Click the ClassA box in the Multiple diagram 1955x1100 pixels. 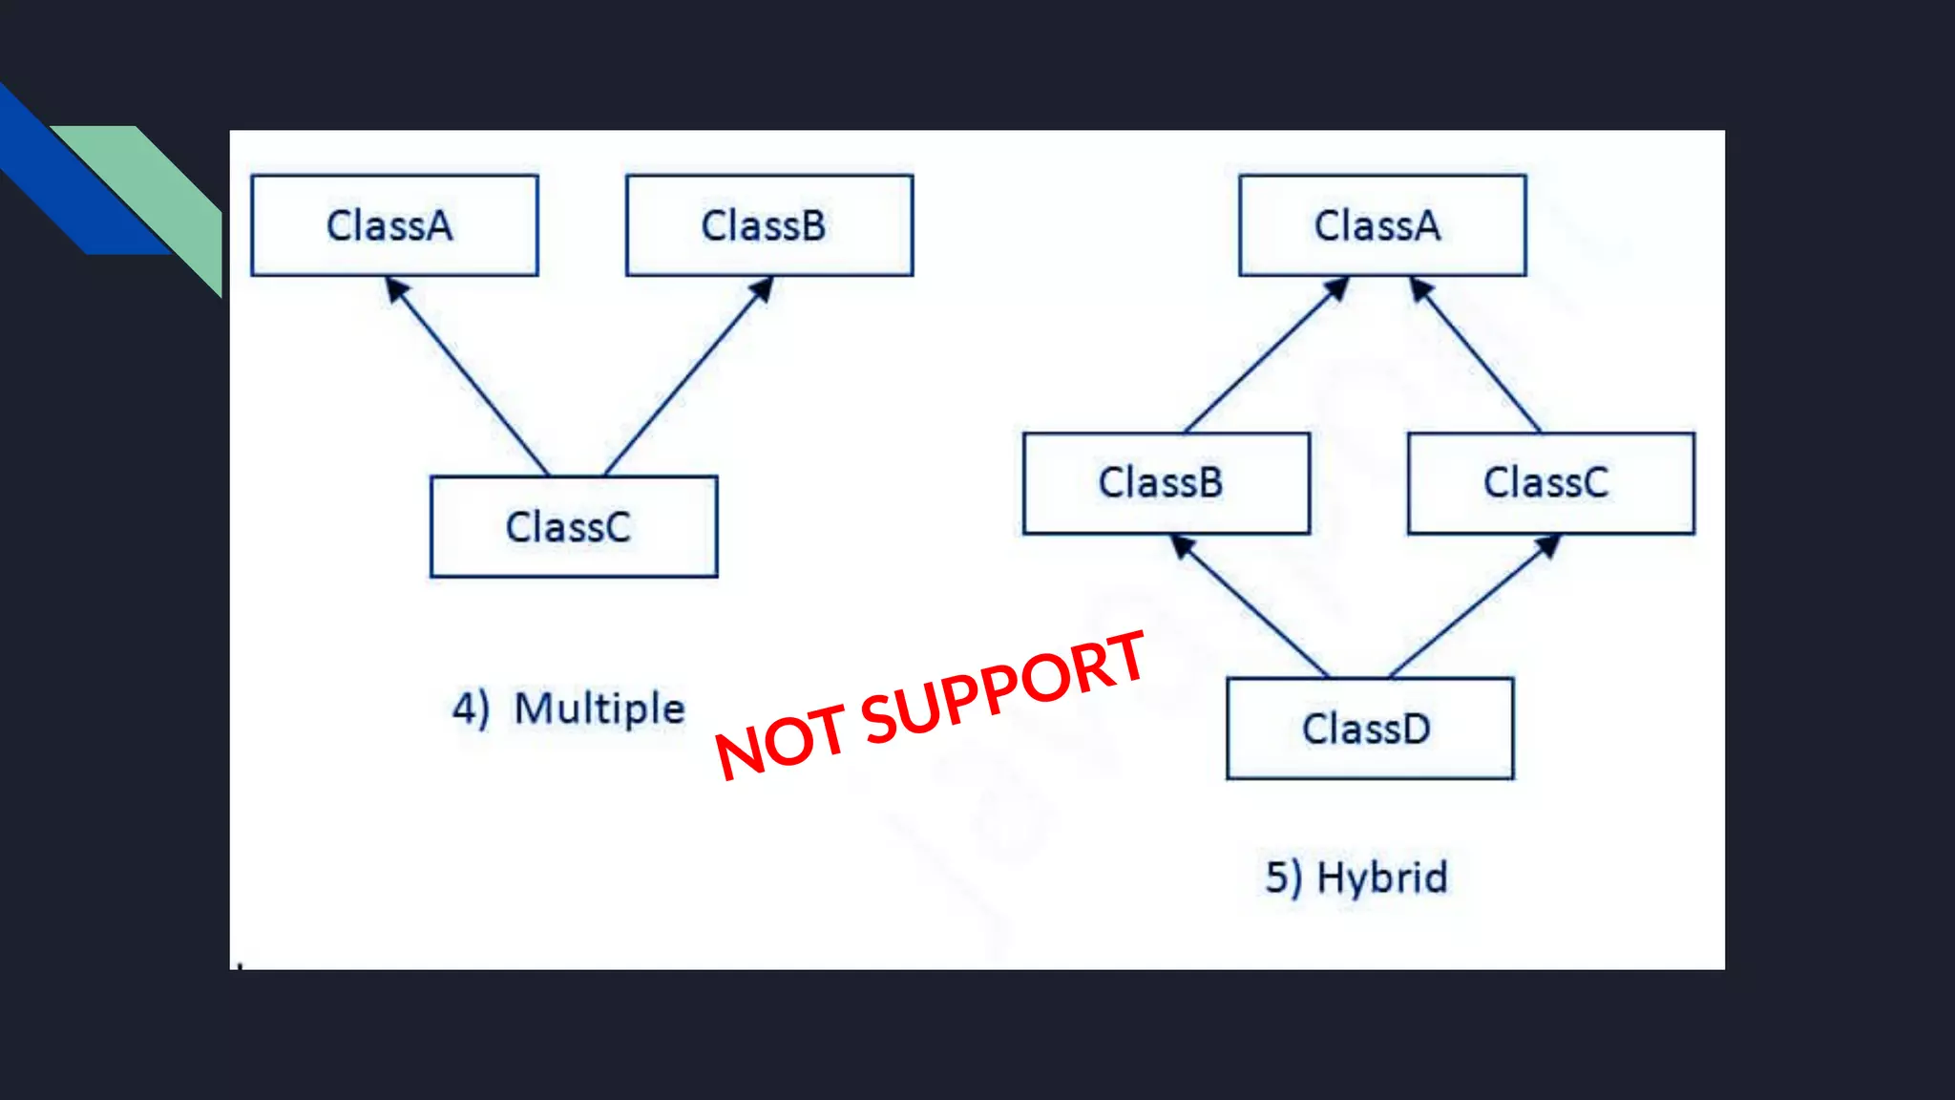point(394,225)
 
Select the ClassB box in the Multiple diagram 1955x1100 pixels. point(768,225)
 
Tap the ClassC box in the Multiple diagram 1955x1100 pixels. point(573,526)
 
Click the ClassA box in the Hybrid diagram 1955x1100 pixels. point(1381,225)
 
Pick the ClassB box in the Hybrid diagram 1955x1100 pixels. point(1166,483)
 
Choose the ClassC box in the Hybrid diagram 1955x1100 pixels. point(1550,483)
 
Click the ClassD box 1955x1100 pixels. point(1369,729)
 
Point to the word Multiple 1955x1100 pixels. point(599,709)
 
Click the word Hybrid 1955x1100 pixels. point(1382,878)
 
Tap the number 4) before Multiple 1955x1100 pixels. point(471,709)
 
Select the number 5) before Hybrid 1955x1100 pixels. point(1283,878)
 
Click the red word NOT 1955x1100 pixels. point(781,741)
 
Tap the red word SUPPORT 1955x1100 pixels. point(1002,687)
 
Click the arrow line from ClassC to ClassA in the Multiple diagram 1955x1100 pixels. point(468,376)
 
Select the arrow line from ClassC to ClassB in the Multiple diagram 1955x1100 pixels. point(687,376)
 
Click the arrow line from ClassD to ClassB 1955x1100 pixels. point(1251,607)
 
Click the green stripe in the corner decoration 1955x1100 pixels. point(162,191)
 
